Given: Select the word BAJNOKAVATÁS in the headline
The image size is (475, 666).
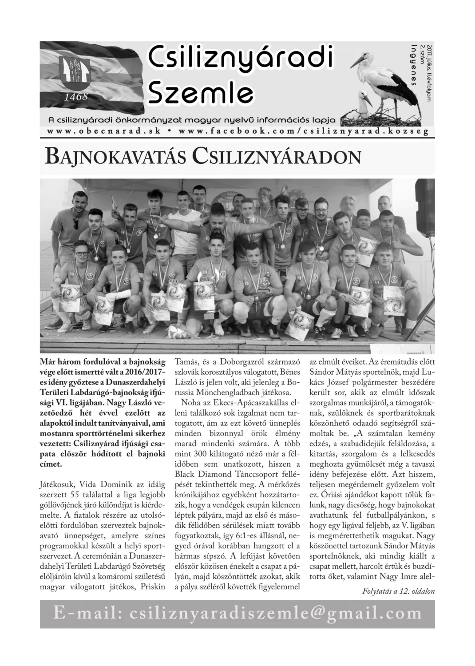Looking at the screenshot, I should pyautogui.click(x=115, y=157).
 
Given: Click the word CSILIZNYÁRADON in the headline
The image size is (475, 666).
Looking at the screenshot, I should pyautogui.click(x=275, y=157).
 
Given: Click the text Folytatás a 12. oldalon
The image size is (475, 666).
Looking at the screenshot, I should pyautogui.click(x=399, y=591).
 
